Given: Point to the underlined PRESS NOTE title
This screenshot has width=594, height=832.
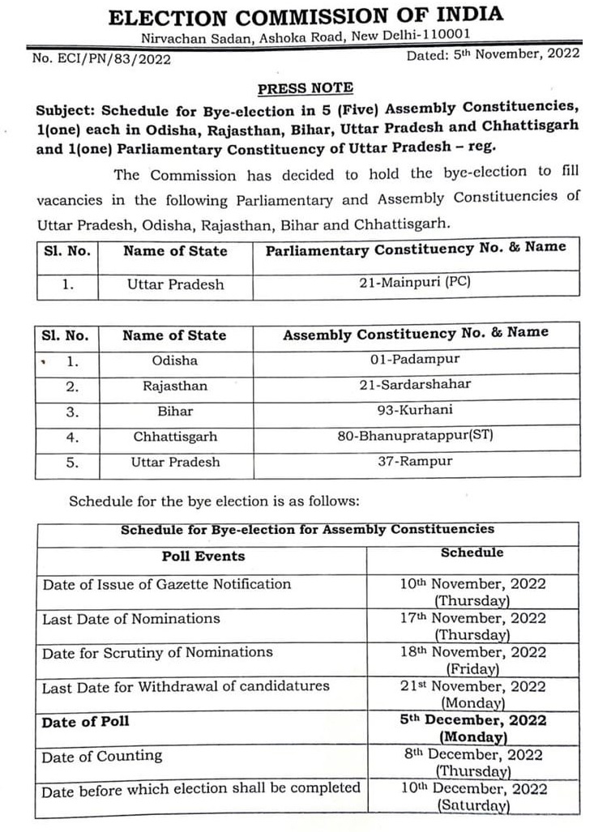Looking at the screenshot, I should tap(305, 88).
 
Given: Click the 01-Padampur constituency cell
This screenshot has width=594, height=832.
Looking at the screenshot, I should tap(415, 359).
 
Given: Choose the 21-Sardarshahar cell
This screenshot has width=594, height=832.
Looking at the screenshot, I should tap(415, 385).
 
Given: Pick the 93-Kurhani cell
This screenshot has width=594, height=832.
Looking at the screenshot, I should tap(415, 411).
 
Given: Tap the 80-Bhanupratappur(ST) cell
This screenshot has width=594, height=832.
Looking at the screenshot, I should tap(415, 436).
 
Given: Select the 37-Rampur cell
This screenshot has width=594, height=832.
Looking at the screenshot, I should tap(415, 462).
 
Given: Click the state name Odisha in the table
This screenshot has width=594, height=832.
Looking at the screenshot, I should tap(174, 360).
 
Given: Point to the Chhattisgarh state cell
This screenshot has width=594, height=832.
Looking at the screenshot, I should tap(175, 437).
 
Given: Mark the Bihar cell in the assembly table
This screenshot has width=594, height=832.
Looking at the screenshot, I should tap(174, 412).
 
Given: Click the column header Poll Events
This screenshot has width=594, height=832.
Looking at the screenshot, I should tap(203, 556).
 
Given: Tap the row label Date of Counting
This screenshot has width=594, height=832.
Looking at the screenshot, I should tap(102, 756).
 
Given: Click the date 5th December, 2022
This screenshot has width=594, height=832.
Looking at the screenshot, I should tap(473, 720).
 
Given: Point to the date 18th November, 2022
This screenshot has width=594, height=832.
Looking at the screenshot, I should tap(473, 652).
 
